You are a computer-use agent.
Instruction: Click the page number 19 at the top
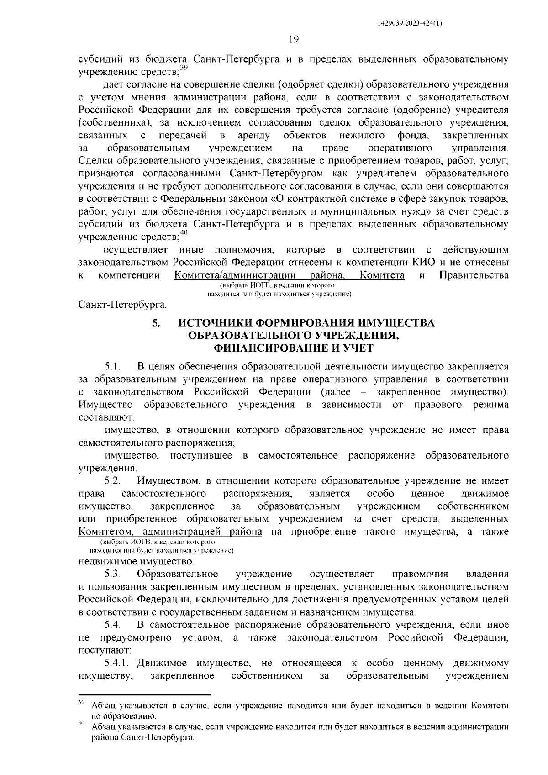[294, 40]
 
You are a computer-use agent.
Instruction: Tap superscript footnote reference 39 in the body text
[184, 68]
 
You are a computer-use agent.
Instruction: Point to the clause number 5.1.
[112, 366]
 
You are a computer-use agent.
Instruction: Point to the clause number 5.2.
[112, 481]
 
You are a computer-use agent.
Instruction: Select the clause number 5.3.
[112, 574]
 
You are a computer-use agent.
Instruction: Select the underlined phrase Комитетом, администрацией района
[170, 532]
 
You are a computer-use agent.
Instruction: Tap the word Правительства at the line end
[474, 275]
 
